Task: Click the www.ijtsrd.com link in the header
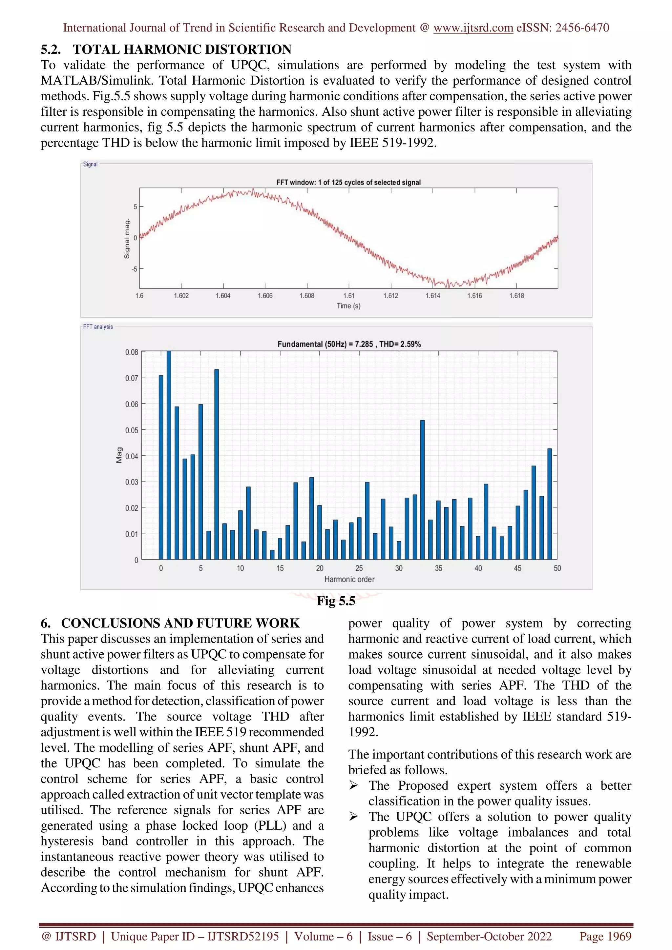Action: [473, 28]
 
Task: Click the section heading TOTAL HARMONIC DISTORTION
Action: [182, 49]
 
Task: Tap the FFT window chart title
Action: [348, 183]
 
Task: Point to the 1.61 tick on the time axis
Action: [348, 295]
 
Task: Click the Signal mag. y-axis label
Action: [127, 239]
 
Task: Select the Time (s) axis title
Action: [348, 306]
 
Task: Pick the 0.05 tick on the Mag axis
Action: [132, 430]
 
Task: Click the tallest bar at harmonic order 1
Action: [169, 455]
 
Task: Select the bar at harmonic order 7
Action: [217, 464]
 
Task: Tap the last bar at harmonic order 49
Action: [549, 504]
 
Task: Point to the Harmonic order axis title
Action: [349, 579]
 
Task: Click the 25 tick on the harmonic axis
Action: [359, 568]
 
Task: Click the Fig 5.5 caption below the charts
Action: [336, 601]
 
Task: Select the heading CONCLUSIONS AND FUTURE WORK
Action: [180, 623]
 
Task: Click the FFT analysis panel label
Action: [98, 327]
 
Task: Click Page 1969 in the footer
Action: [605, 936]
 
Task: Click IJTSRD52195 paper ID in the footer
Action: [243, 936]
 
